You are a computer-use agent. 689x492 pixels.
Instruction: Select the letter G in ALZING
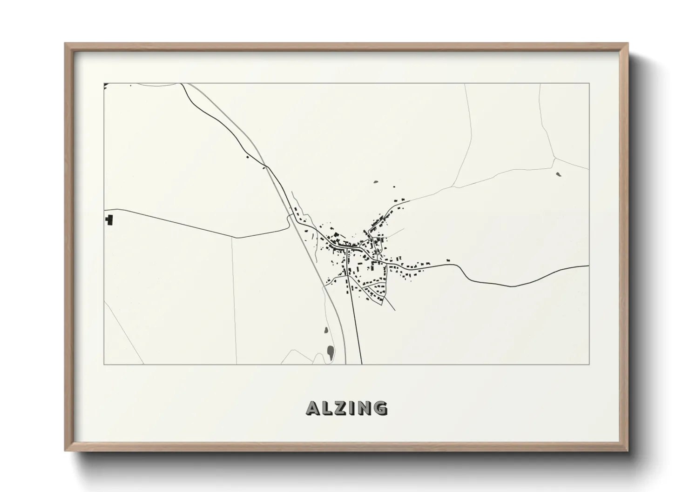point(380,408)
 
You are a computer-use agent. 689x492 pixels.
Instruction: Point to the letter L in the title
point(328,408)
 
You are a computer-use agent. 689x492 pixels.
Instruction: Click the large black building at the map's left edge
point(109,219)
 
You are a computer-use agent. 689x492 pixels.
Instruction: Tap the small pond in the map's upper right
point(559,175)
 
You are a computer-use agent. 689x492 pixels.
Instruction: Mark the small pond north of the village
point(376,181)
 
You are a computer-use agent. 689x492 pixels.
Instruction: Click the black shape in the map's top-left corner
point(106,85)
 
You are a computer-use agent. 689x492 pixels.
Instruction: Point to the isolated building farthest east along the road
point(448,260)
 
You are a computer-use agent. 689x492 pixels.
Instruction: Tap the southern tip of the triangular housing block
point(382,305)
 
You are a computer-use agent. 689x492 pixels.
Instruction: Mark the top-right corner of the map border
point(589,83)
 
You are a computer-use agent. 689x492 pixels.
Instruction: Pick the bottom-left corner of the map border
point(104,364)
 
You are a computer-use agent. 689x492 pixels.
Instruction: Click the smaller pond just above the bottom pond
point(326,332)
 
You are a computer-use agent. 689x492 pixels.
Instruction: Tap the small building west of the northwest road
point(247,157)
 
